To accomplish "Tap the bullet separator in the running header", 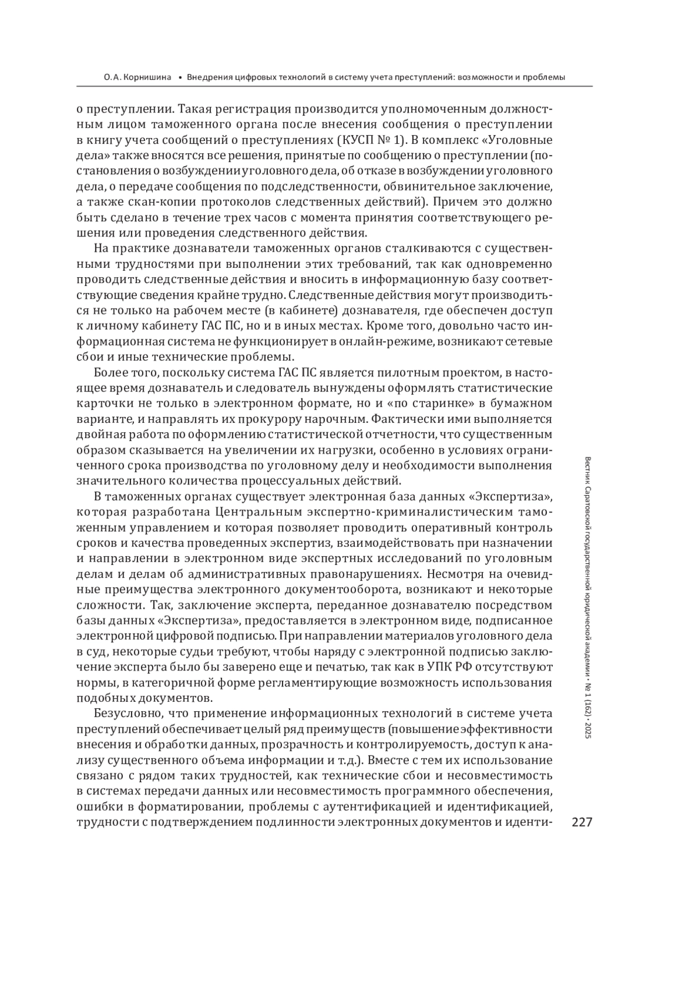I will [x=181, y=77].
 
